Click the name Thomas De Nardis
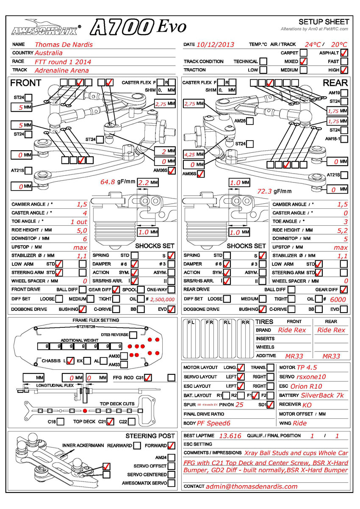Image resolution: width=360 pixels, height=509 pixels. (x=64, y=44)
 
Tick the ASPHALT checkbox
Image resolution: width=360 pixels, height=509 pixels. (x=344, y=53)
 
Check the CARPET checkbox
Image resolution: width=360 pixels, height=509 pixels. (x=304, y=53)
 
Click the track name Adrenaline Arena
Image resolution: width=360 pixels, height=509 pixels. (x=62, y=70)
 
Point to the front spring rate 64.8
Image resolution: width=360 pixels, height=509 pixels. (x=108, y=182)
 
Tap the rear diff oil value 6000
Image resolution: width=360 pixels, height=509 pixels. (x=338, y=299)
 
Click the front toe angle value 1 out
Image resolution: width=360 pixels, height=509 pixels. (x=78, y=221)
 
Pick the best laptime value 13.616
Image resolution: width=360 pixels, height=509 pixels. (x=230, y=436)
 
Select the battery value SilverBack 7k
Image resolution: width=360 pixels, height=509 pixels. (x=322, y=396)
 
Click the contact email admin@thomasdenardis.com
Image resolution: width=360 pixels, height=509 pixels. (x=252, y=486)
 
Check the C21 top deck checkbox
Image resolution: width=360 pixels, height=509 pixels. (x=111, y=421)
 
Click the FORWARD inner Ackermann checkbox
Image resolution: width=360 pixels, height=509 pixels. (x=172, y=445)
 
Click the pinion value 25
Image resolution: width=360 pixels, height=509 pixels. (x=239, y=404)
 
